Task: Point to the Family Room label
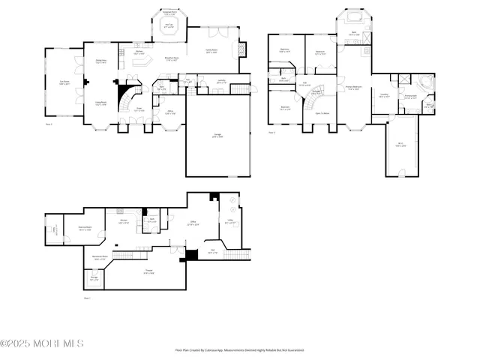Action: (x=212, y=51)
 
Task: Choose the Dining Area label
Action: (x=100, y=61)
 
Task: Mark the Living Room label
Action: (x=100, y=103)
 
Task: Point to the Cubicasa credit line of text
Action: (x=239, y=349)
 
